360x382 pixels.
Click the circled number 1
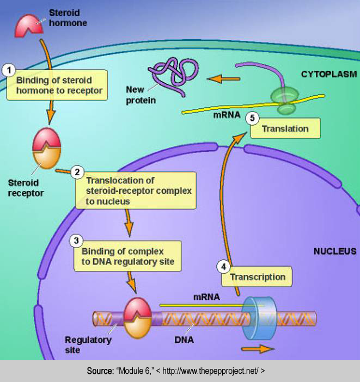pos(8,70)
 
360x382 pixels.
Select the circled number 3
pos(77,239)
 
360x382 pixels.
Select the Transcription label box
pos(257,277)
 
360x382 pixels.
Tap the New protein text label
pos(141,94)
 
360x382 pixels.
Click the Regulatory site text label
pos(88,344)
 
